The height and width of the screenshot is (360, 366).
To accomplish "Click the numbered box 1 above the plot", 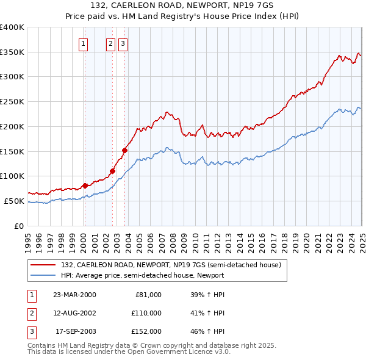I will click(x=83, y=43).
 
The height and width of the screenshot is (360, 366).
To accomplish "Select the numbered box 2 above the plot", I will click(x=110, y=43).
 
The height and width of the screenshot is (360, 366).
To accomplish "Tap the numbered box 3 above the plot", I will click(x=123, y=43).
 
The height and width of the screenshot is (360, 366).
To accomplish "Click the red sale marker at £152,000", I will click(x=124, y=149).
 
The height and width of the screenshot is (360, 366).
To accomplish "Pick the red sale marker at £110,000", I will click(x=112, y=171).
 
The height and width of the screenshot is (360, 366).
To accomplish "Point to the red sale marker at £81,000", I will click(x=85, y=185).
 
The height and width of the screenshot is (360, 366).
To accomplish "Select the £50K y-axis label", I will click(x=14, y=201).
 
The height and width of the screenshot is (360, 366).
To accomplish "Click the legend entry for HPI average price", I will click(x=142, y=275).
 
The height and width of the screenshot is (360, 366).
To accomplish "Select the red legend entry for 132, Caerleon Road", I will click(x=170, y=265).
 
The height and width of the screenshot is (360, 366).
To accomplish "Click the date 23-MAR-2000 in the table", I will click(x=75, y=295).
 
